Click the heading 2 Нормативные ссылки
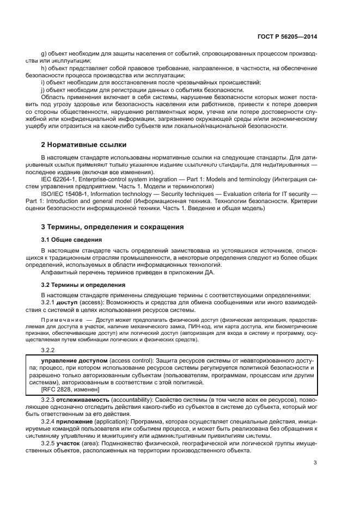(x=84, y=145)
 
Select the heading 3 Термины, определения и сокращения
(x=113, y=226)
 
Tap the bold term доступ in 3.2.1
(x=68, y=302)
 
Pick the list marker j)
(x=44, y=89)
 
